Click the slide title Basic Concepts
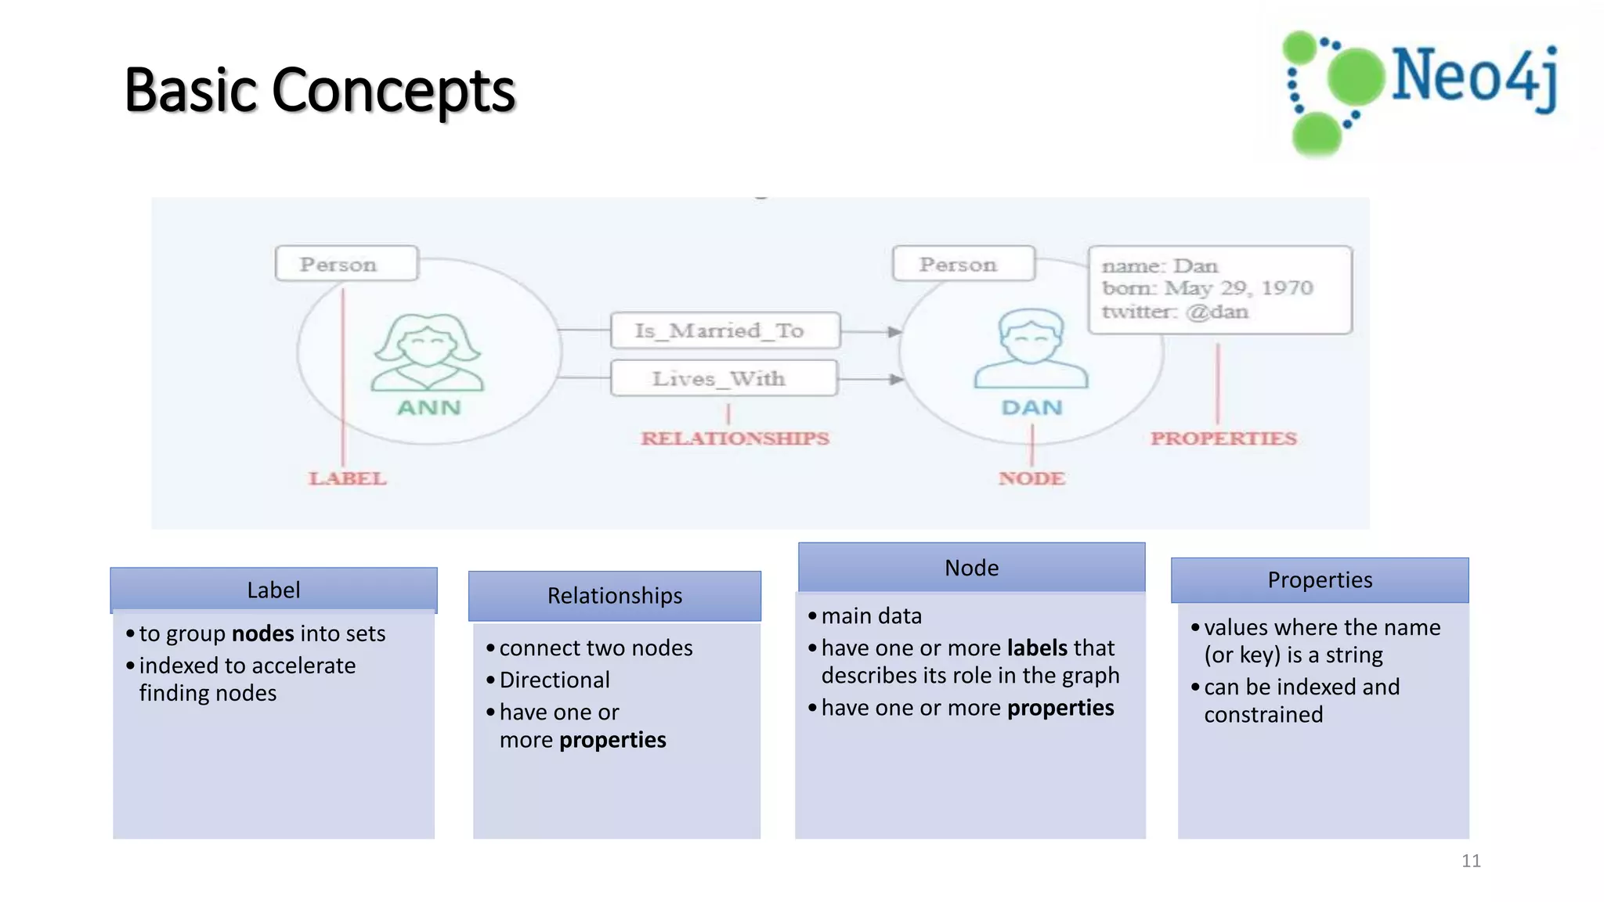coord(320,90)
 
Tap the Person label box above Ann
coord(346,264)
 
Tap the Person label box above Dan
coord(963,264)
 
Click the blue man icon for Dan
coord(1031,349)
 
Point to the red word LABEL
coord(347,478)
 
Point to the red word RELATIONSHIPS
coord(735,438)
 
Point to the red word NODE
coord(1031,478)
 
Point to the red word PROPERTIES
coord(1223,438)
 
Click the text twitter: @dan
coord(1175,312)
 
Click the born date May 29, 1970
coord(1237,288)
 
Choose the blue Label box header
coord(273,590)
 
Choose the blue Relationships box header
coord(615,596)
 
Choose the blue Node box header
coord(971,568)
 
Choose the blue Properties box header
coord(1320,580)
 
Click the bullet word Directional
coord(555,680)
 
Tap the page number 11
coord(1471,861)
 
